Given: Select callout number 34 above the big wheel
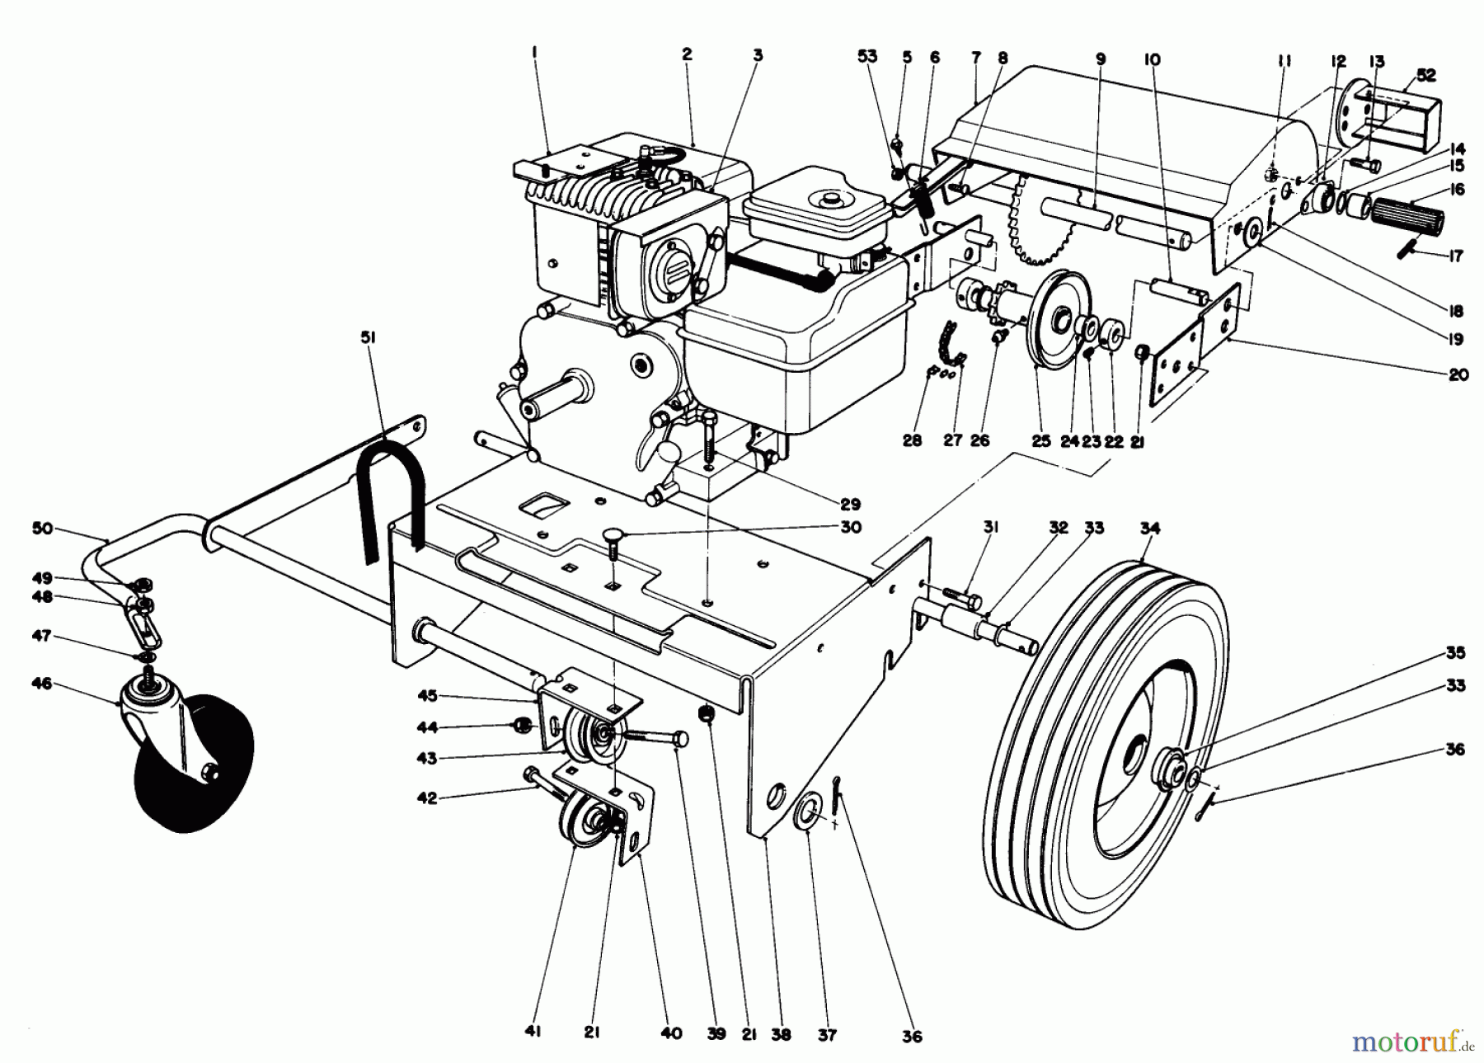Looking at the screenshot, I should [1149, 528].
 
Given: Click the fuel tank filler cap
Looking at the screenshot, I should [824, 199].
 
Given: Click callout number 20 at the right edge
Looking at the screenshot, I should [1458, 374].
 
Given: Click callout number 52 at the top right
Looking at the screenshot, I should [1425, 75].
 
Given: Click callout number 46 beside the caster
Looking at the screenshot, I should [42, 684].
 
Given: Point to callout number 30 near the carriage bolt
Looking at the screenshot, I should [849, 526].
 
